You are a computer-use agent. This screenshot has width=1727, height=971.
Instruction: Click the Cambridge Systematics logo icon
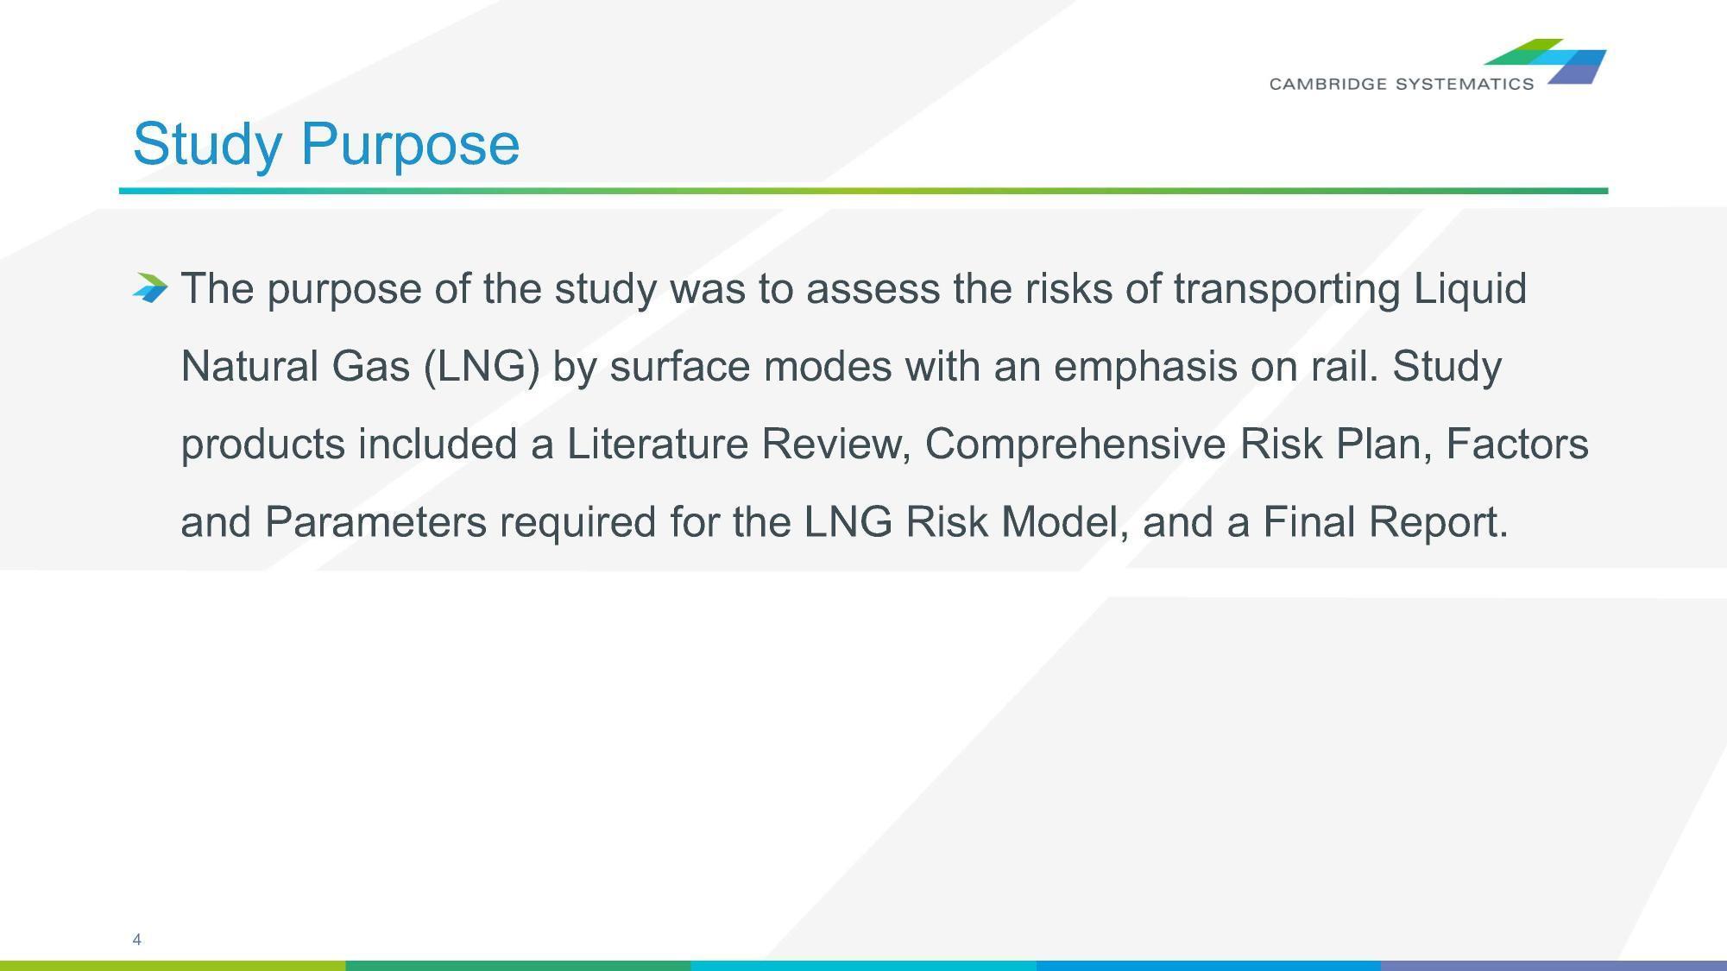pos(1545,61)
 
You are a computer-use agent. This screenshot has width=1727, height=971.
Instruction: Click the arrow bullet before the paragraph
pos(150,287)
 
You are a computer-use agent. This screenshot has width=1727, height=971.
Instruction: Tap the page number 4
pos(136,939)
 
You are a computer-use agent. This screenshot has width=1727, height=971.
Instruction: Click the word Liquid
pos(1470,288)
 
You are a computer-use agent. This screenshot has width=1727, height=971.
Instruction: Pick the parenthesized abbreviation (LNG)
pos(482,367)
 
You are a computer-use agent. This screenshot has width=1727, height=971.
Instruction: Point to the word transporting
pos(1287,289)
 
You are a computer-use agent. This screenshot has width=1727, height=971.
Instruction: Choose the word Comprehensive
pos(1075,445)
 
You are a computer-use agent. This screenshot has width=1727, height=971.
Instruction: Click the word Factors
pos(1517,444)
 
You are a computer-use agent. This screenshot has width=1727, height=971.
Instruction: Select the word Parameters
pos(375,521)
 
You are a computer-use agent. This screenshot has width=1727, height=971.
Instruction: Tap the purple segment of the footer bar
pos(1554,966)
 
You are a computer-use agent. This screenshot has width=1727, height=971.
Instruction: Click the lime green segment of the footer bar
pos(173,966)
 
